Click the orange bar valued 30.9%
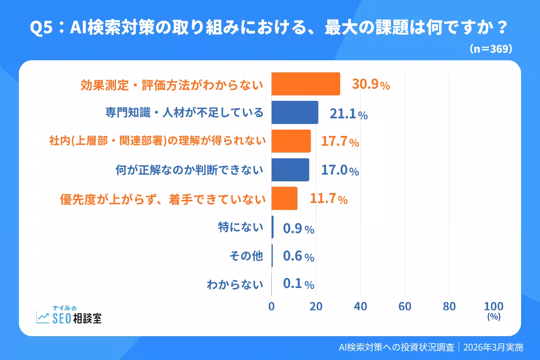point(306,84)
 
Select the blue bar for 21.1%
point(295,112)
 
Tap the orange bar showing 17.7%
point(291,141)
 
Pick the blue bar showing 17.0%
point(290,170)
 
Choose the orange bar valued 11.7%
point(284,198)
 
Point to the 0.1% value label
point(298,284)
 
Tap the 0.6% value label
point(298,256)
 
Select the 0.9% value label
point(298,229)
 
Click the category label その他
point(246,256)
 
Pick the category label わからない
point(234,284)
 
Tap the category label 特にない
point(240,228)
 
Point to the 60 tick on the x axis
point(405,307)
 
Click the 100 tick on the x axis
point(494,307)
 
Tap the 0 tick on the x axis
point(271,307)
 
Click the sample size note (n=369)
point(490,49)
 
